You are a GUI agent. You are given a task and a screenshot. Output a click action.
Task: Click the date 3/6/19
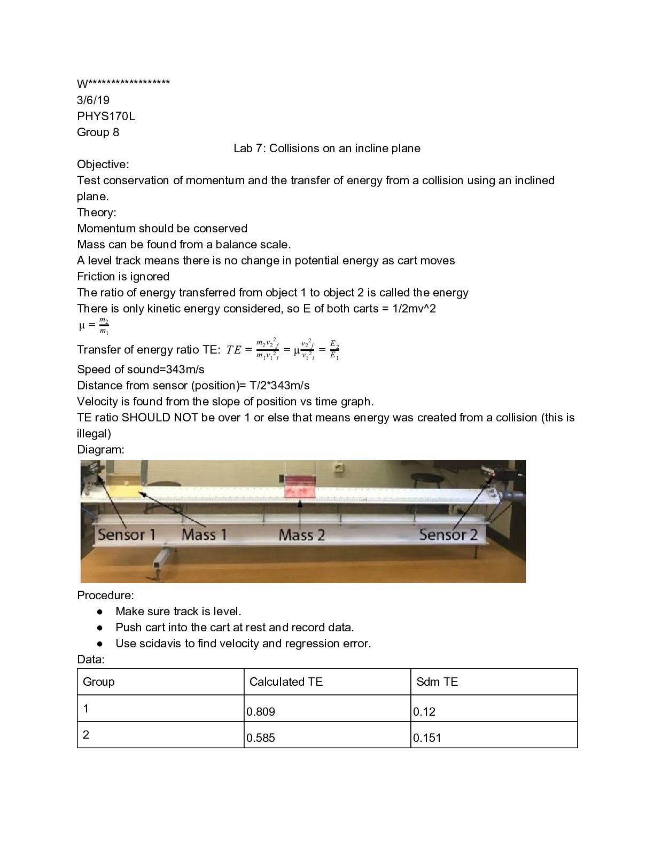93,100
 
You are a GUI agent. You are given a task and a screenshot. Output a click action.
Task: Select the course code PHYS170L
106,116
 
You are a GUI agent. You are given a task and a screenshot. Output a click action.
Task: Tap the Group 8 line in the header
98,132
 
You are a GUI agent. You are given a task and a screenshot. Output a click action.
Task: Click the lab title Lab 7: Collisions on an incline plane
326,148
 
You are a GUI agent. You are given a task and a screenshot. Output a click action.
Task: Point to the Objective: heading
103,164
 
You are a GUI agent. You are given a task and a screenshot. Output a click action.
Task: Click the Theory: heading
96,212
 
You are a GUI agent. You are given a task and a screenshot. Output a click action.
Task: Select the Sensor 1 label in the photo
127,535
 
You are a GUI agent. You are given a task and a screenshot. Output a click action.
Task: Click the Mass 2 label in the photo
301,535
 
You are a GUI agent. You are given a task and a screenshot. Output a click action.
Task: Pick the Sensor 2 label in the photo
448,535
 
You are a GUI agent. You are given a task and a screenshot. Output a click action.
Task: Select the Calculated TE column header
286,681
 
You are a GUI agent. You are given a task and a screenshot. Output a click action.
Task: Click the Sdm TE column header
437,681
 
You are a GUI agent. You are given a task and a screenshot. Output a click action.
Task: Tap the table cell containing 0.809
327,709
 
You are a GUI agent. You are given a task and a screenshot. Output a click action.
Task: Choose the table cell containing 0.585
327,735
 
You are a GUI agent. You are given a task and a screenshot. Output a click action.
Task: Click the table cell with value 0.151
494,735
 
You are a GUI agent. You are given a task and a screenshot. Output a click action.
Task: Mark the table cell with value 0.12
494,709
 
